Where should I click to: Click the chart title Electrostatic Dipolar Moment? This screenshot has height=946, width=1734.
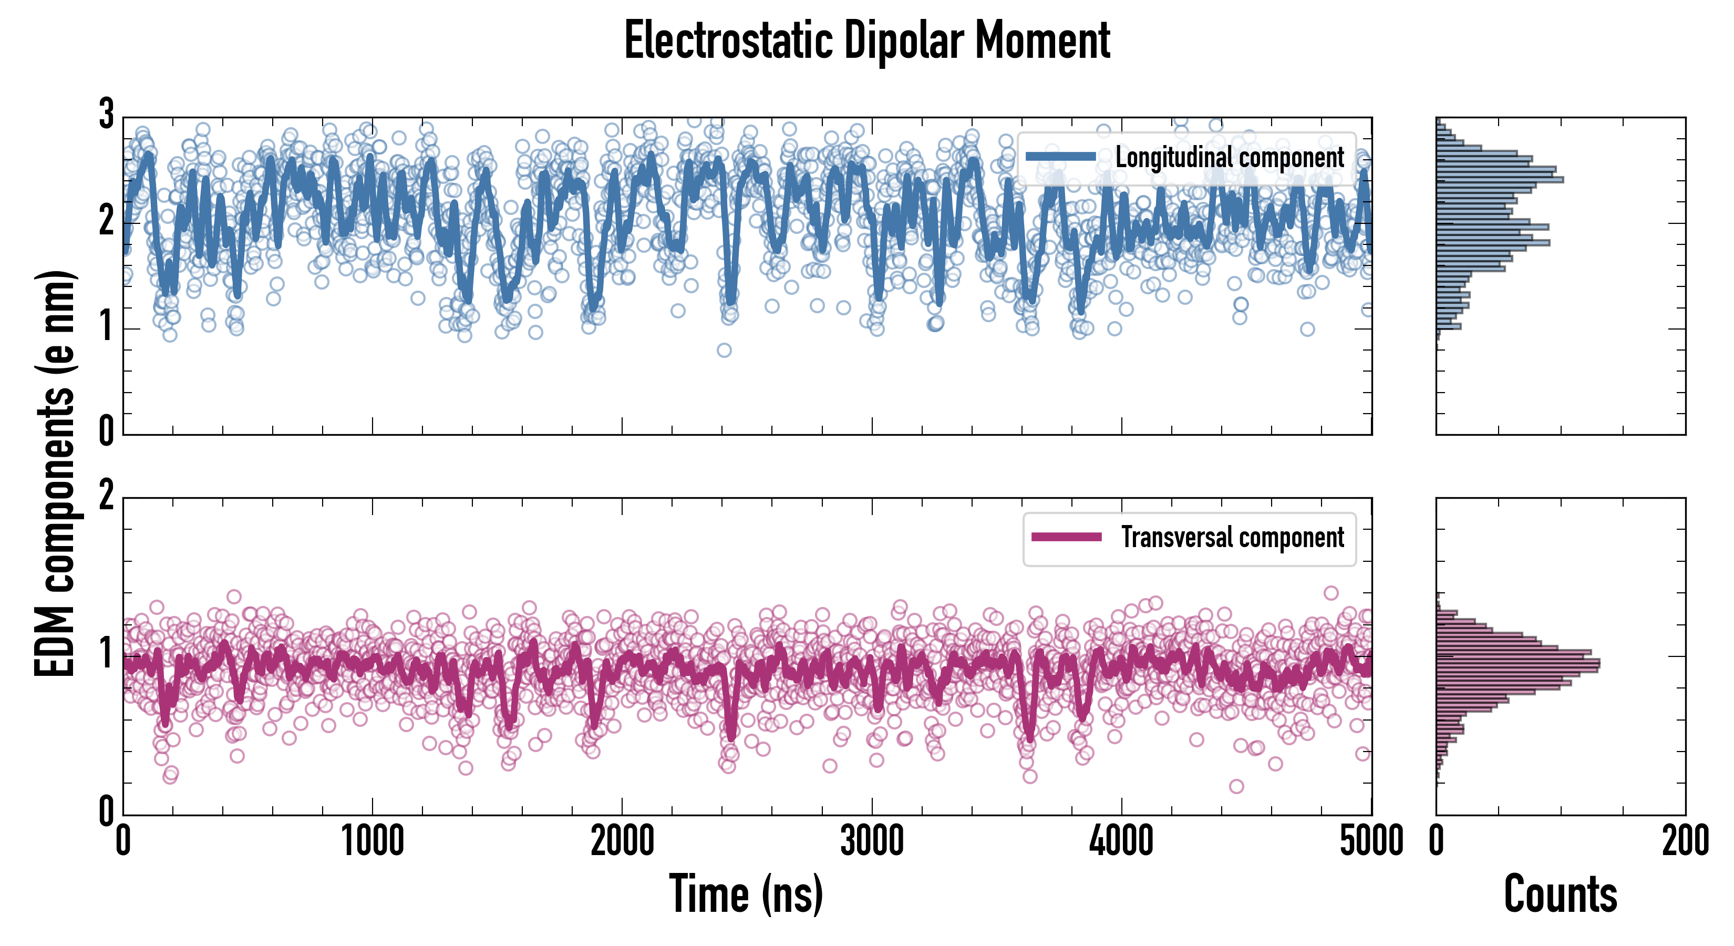(x=867, y=40)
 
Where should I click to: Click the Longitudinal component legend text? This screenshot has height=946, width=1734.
(x=1229, y=158)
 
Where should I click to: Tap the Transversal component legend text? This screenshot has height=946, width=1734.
(x=1232, y=537)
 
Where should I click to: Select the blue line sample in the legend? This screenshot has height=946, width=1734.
(x=1061, y=157)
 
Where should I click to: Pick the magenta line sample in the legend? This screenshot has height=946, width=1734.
(x=1066, y=537)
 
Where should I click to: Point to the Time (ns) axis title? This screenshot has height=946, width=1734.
(x=746, y=893)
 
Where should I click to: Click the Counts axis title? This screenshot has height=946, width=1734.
(x=1560, y=893)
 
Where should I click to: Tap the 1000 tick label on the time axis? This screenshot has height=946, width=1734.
(x=372, y=841)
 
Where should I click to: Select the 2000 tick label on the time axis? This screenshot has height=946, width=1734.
(x=622, y=841)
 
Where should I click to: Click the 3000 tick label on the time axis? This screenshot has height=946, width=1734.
(x=872, y=841)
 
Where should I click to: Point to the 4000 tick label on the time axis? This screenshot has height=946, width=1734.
(x=1121, y=841)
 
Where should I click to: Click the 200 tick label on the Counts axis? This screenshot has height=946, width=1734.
(x=1685, y=841)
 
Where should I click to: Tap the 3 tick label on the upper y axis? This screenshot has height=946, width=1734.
(x=106, y=115)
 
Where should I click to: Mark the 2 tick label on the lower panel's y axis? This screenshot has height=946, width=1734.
(x=106, y=496)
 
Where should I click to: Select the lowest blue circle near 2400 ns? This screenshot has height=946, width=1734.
(x=724, y=350)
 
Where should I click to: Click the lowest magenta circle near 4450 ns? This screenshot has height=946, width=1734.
(x=1236, y=786)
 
